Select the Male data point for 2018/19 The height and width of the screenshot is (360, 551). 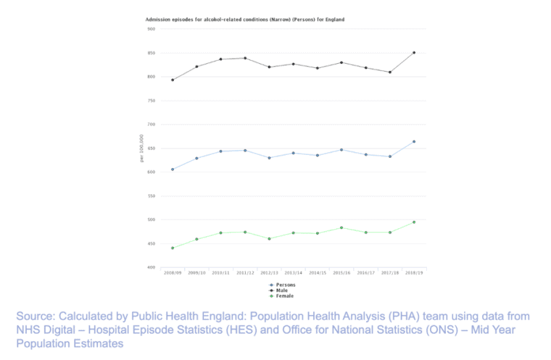414,52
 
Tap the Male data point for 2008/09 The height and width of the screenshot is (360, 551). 173,80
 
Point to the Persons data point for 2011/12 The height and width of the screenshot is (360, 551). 245,151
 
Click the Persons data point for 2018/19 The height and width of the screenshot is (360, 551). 414,142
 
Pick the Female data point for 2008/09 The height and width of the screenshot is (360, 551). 173,248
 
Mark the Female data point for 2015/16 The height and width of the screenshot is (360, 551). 341,227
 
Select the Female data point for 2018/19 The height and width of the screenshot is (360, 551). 414,222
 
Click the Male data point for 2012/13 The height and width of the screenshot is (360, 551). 269,67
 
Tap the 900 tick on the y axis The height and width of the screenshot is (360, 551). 151,29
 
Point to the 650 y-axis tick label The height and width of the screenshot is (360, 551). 151,148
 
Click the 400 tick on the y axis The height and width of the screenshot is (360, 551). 151,267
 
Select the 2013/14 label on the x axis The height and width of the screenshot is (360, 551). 293,274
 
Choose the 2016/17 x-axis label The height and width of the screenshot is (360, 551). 365,274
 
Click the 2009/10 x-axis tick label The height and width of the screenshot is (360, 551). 196,274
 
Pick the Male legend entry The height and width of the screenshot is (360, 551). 283,290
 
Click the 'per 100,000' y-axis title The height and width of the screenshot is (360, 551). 141,148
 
